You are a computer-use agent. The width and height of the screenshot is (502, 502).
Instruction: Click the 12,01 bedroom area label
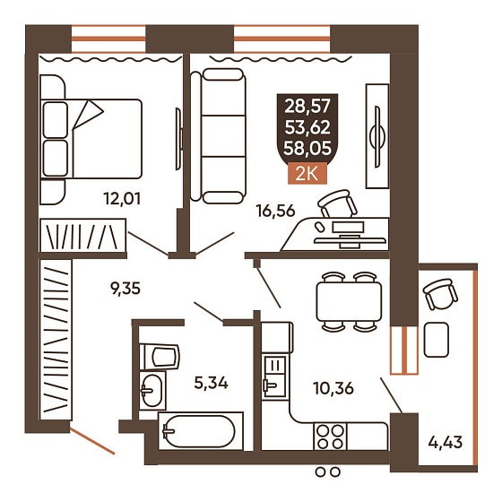[122, 199]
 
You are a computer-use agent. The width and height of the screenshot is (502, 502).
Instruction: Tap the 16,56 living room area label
[275, 211]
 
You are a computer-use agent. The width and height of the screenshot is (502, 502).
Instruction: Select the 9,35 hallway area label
[125, 289]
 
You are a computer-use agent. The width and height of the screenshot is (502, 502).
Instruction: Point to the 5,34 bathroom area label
[211, 383]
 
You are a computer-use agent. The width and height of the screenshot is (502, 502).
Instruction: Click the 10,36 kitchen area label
[333, 388]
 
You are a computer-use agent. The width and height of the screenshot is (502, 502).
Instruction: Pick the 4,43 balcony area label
[446, 443]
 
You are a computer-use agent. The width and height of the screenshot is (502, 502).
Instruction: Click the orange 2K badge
[307, 175]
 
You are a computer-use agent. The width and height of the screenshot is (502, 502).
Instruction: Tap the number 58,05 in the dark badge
[307, 149]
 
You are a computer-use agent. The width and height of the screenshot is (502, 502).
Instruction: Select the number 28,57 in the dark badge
[307, 107]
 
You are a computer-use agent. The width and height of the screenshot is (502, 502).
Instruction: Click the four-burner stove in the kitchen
[331, 437]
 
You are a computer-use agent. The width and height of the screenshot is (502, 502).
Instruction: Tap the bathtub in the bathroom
[201, 431]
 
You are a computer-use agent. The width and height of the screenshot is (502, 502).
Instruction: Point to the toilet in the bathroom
[160, 357]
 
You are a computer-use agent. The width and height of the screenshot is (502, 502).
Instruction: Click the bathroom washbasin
[152, 390]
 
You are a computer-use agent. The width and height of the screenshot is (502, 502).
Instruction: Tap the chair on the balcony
[439, 293]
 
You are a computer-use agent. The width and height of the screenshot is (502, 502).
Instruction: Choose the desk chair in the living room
[337, 203]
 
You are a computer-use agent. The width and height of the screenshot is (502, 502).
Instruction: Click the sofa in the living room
[219, 135]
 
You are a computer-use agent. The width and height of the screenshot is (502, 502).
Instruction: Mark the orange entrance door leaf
[92, 441]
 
